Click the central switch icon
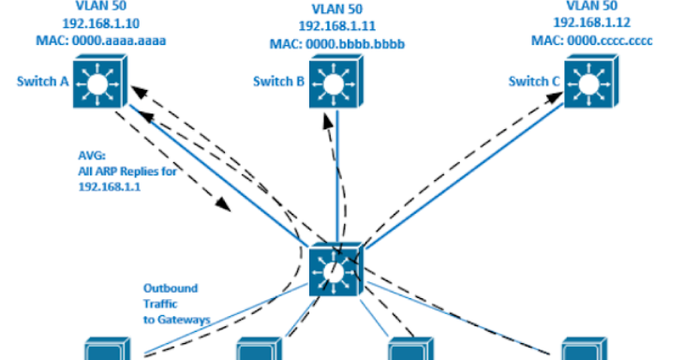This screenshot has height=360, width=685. tap(335, 270)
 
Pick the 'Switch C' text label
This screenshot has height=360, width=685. tap(534, 82)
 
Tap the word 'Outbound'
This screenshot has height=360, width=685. tap(169, 288)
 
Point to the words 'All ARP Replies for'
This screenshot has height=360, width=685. tap(124, 172)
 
